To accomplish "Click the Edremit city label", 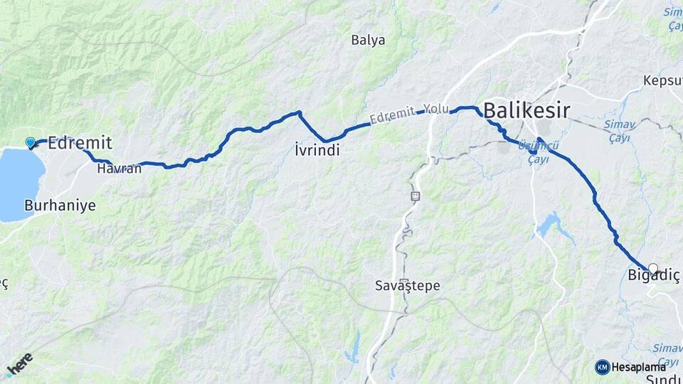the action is [79, 142].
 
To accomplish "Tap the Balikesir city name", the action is [526, 110].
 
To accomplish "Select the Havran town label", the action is [118, 169].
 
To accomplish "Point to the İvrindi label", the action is [317, 150].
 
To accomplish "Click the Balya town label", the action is [368, 40].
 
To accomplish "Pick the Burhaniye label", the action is [60, 205].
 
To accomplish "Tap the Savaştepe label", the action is [408, 286].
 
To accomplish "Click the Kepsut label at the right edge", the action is [663, 80].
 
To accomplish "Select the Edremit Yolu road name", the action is [406, 115].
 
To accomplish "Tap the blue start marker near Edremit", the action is [31, 143].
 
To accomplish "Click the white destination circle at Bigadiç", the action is [653, 269].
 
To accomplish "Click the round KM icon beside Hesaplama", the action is [602, 367].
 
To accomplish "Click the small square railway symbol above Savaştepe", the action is [415, 195].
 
